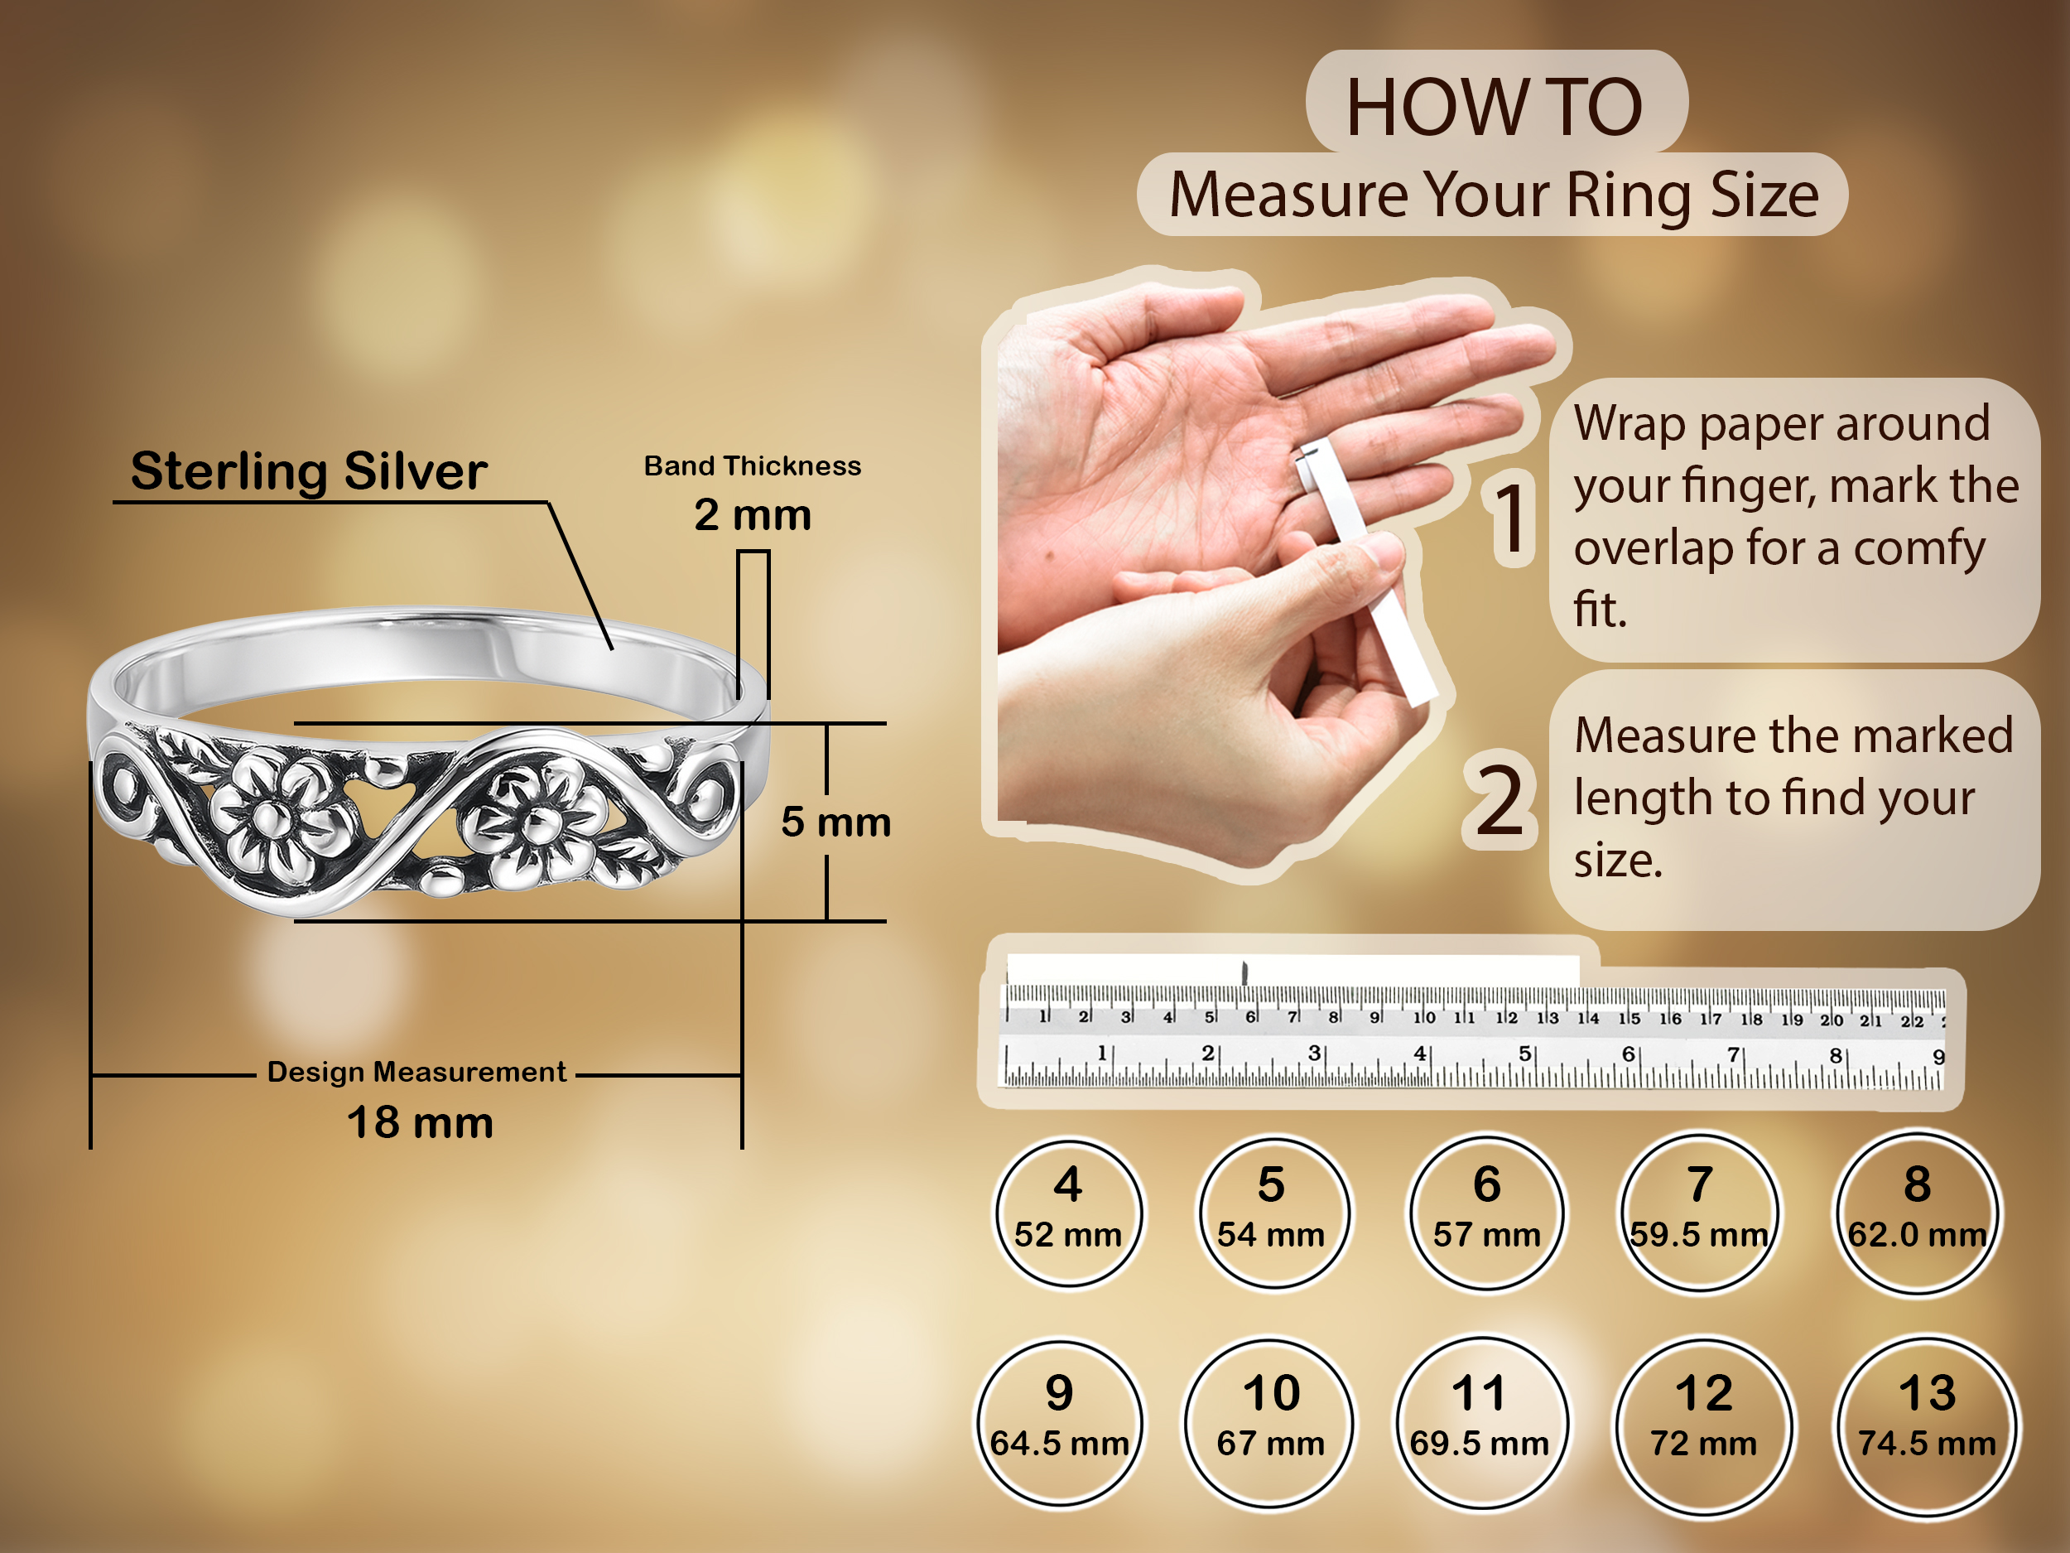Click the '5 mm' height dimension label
point(835,822)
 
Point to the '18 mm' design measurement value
point(420,1122)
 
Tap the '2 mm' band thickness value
point(753,515)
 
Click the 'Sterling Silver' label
point(309,470)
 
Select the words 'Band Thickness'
point(753,465)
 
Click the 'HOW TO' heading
point(1495,107)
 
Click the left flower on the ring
point(274,813)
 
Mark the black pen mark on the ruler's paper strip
point(1244,972)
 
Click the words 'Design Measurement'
point(416,1072)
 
